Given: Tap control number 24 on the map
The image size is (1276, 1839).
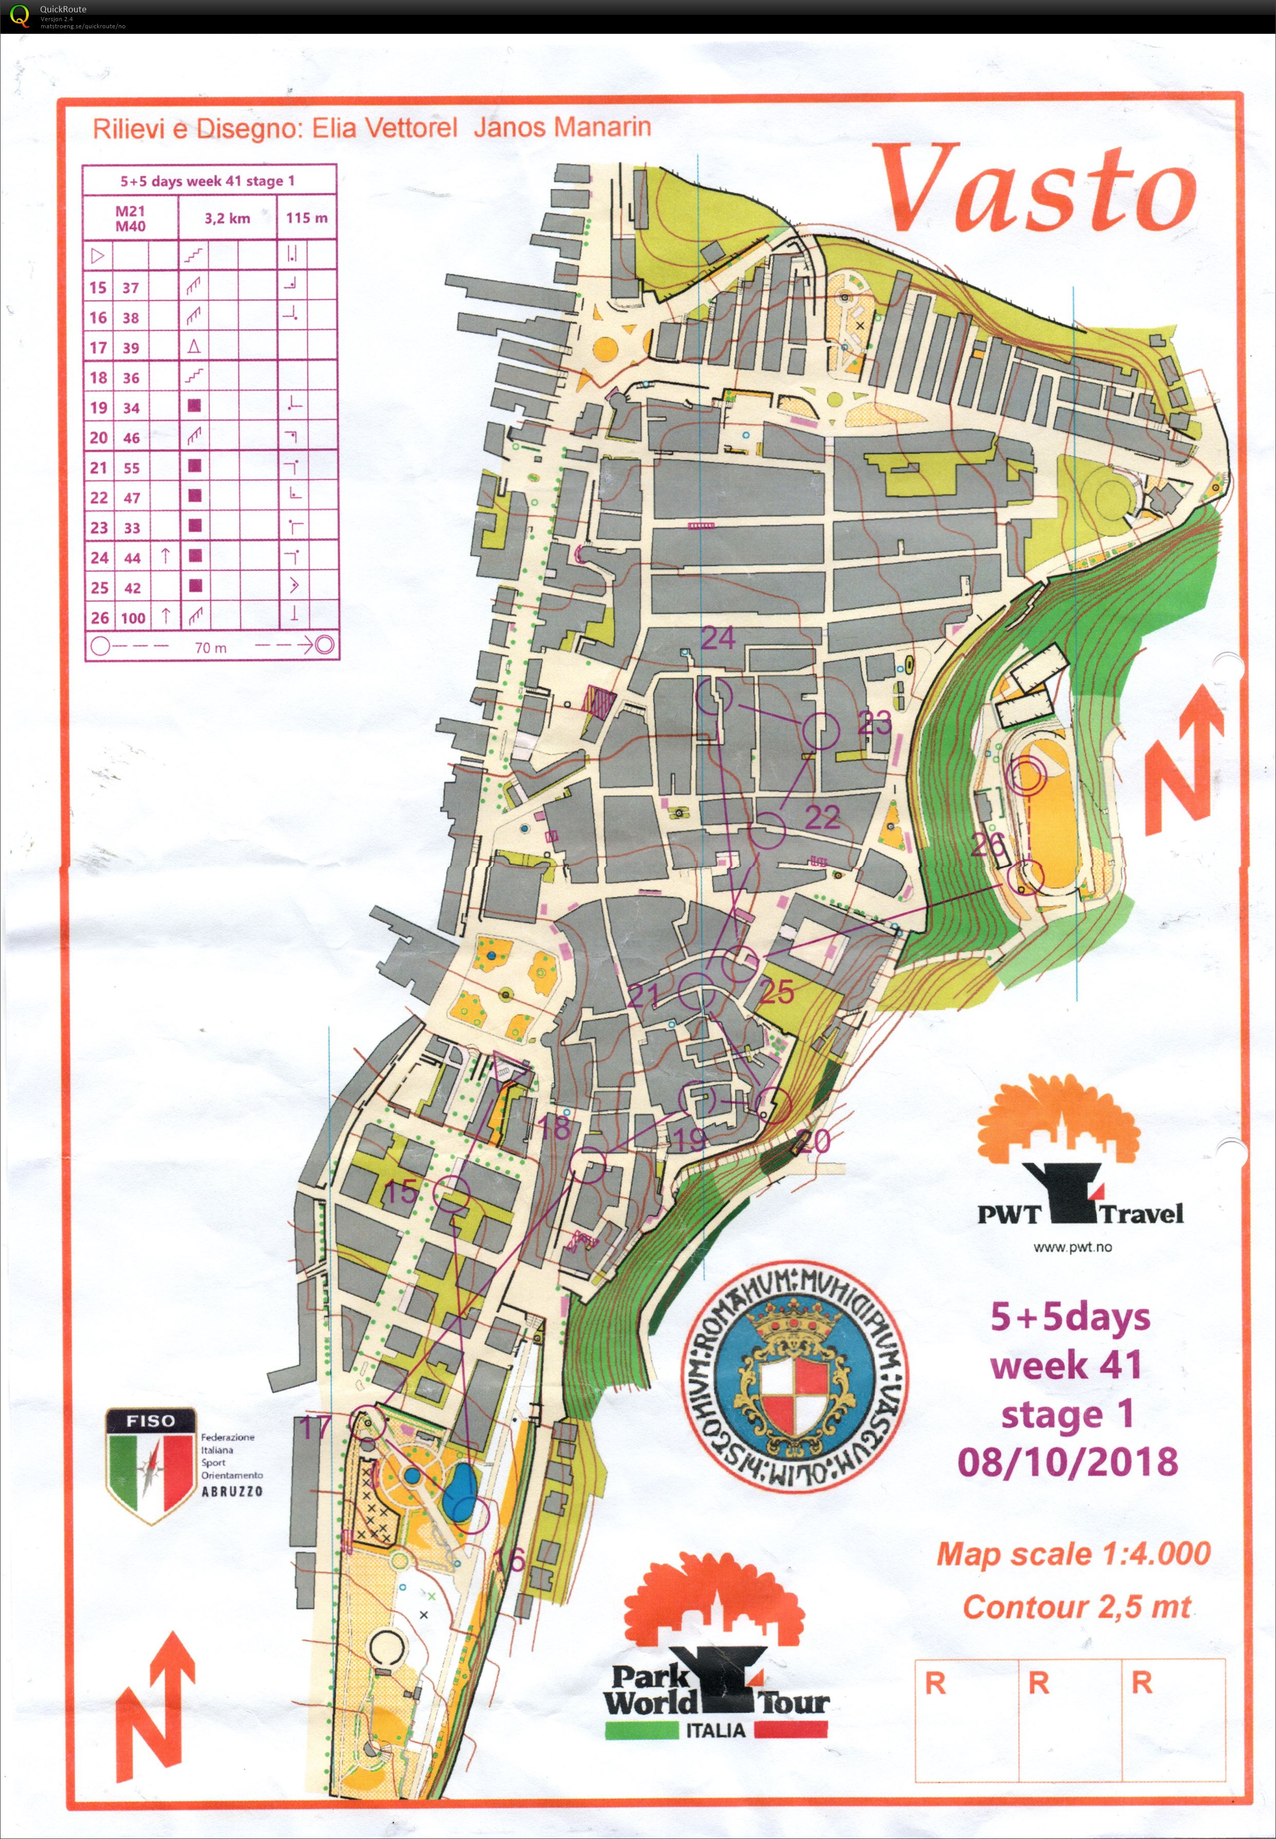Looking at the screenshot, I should [x=717, y=638].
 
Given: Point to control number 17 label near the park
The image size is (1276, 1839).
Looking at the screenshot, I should [x=315, y=1427].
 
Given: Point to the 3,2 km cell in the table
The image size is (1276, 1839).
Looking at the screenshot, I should [x=227, y=218].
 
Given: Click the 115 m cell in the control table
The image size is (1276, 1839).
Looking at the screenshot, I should [x=306, y=218].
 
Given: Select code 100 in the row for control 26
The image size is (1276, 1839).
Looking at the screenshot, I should [x=133, y=618].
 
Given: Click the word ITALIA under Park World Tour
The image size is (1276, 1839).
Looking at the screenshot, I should [x=715, y=1730].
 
